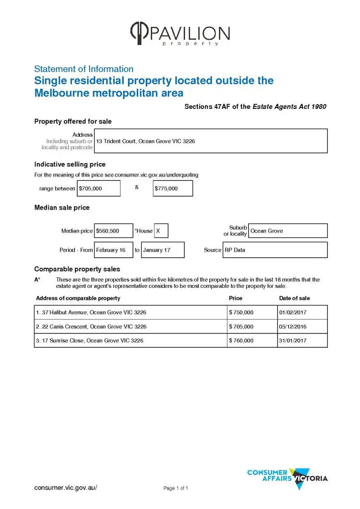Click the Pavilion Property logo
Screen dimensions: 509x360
point(180,34)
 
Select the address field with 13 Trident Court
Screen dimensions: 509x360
point(211,141)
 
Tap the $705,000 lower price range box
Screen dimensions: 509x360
point(99,189)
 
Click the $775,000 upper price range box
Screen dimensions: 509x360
point(173,189)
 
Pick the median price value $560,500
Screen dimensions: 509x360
point(114,231)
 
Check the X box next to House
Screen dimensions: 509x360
point(161,231)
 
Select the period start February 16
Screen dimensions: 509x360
point(113,250)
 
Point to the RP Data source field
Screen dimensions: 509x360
point(275,250)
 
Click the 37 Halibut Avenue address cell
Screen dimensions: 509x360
point(131,312)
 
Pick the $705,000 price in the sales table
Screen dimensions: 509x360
point(252,327)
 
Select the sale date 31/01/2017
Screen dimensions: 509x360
point(302,341)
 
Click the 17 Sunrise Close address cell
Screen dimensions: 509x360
point(131,341)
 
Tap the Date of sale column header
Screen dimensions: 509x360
point(294,298)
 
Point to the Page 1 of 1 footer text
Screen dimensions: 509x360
point(176,488)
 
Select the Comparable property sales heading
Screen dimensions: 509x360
point(77,269)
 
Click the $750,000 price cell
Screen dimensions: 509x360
point(252,312)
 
